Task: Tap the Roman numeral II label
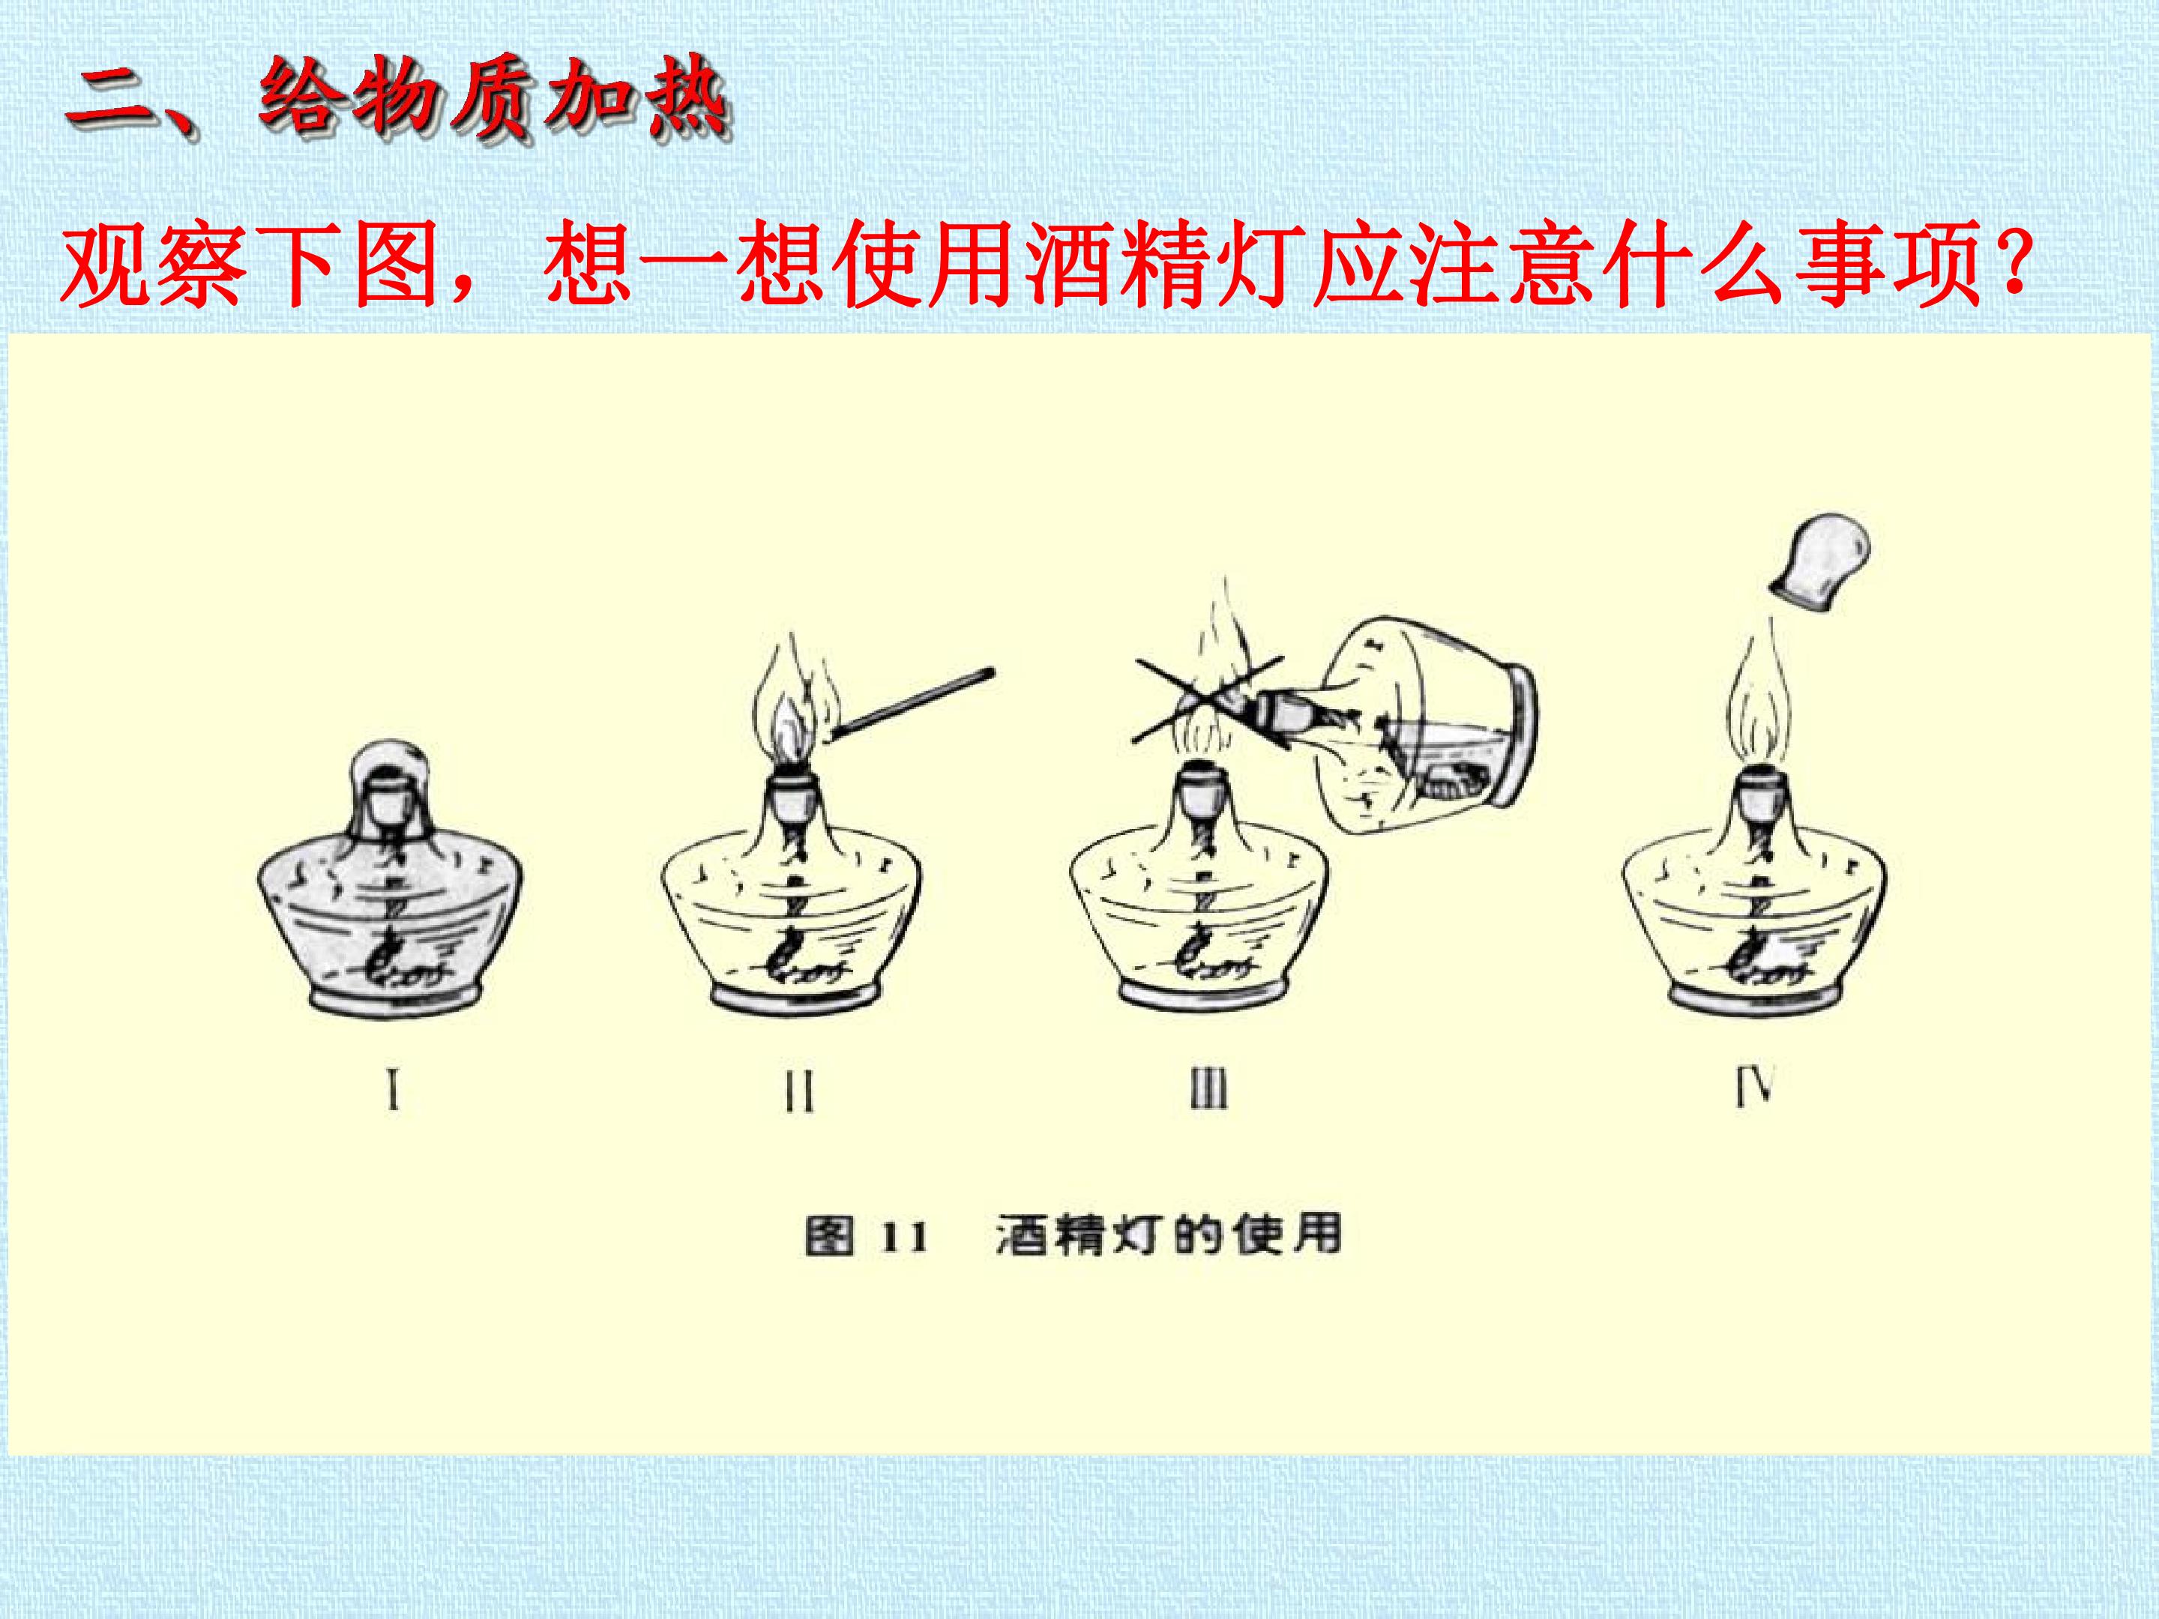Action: pos(799,1092)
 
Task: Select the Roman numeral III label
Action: pos(1208,1088)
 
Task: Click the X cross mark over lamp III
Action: pos(1208,701)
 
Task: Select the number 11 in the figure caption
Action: pos(904,1238)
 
